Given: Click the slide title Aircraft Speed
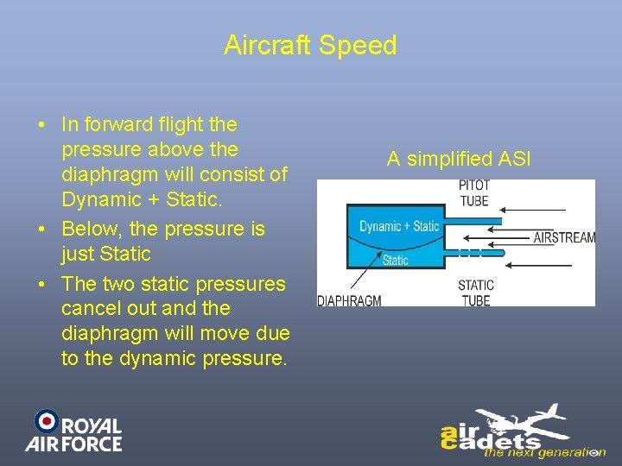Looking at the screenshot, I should pyautogui.click(x=310, y=45).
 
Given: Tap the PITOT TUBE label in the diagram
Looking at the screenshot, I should pyautogui.click(x=473, y=193).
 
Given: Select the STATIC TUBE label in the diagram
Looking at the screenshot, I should pyautogui.click(x=475, y=293).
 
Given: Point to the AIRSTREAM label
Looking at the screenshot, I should pyautogui.click(x=564, y=237).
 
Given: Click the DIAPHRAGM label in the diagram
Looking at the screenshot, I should pyautogui.click(x=350, y=300).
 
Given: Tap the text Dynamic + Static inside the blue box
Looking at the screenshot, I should pyautogui.click(x=399, y=226).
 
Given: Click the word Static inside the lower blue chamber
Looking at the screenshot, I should pyautogui.click(x=396, y=259).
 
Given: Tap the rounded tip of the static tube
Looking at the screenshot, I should pyautogui.click(x=503, y=252).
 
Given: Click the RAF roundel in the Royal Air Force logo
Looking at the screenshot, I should pyautogui.click(x=46, y=421).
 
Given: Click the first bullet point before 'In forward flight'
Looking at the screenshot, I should pyautogui.click(x=41, y=125).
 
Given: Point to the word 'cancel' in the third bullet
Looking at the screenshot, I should pyautogui.click(x=90, y=308).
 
